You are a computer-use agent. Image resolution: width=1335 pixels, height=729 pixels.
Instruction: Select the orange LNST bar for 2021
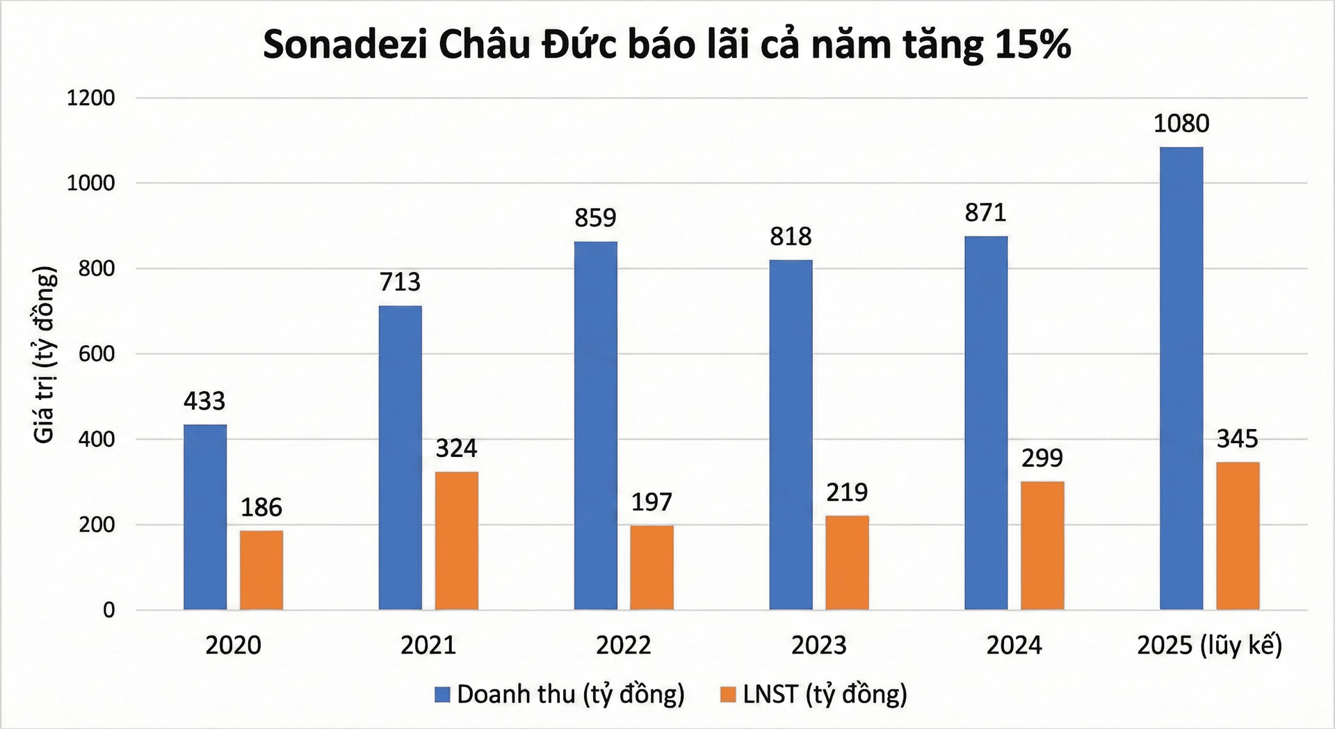pos(457,540)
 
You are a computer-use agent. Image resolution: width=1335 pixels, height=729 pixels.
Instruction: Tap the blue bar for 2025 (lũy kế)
pos(1181,378)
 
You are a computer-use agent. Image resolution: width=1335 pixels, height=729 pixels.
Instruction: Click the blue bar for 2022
pos(596,425)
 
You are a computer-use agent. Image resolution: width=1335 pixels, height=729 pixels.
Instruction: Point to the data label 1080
pos(1181,124)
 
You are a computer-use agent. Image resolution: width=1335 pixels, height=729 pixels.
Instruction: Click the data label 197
pos(652,502)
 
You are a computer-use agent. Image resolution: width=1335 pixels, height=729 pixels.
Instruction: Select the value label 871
pos(985,213)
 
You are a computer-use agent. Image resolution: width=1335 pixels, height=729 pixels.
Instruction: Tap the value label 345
pos(1238,439)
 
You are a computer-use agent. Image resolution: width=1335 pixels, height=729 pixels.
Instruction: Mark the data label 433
pos(204,401)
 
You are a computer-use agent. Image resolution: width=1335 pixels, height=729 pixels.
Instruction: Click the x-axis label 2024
pos(1014,646)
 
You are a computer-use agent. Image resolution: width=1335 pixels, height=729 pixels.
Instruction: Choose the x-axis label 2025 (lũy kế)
pos(1209,646)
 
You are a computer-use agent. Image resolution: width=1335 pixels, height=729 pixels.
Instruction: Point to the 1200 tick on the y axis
pos(90,98)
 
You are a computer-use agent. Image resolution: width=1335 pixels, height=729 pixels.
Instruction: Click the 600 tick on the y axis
pos(96,354)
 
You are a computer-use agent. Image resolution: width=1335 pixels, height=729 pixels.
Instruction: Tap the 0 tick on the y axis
pos(108,610)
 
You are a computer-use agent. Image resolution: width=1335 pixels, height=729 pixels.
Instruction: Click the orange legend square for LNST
pos(728,694)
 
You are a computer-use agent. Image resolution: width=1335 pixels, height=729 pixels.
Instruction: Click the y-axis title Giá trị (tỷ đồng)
pos(44,355)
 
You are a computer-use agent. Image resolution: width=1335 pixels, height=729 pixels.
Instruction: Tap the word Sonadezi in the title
pos(344,45)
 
